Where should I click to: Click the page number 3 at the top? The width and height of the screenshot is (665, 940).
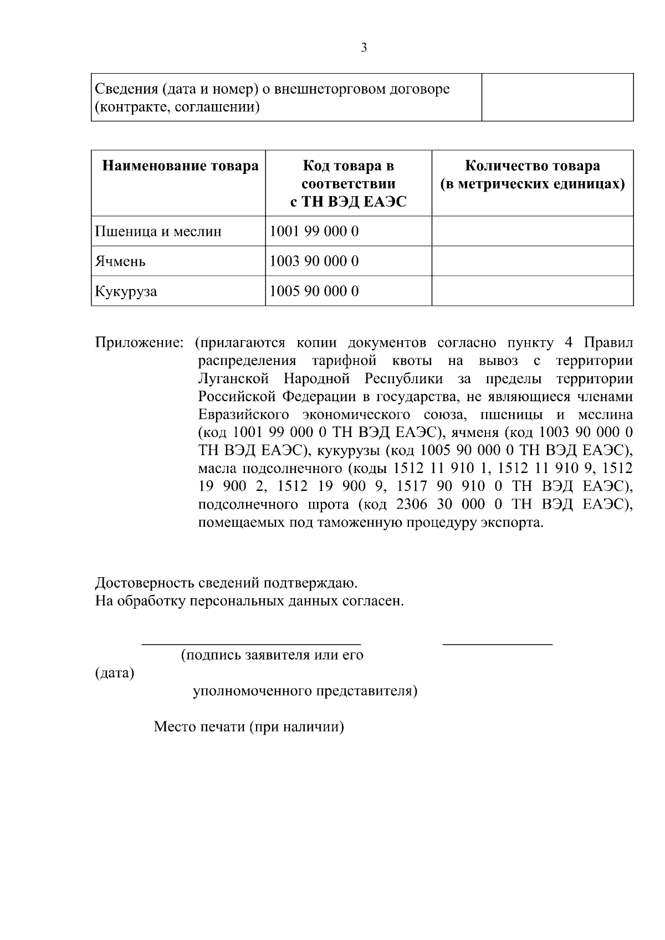[364, 48]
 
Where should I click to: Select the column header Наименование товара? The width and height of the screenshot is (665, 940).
[181, 166]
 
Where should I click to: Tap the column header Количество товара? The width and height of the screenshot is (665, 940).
[532, 174]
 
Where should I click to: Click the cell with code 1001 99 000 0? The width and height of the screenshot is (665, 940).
[314, 231]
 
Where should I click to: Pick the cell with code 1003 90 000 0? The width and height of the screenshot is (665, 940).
[314, 261]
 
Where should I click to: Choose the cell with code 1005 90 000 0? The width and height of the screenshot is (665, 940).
[314, 291]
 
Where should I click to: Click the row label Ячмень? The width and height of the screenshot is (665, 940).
[120, 261]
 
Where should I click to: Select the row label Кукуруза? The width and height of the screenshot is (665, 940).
[126, 291]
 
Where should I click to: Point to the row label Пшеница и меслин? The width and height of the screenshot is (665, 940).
[158, 231]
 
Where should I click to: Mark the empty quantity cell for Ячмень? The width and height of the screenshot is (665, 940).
[532, 261]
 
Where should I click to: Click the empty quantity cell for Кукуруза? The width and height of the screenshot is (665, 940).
[532, 291]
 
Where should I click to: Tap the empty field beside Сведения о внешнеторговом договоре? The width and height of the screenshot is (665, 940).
[557, 97]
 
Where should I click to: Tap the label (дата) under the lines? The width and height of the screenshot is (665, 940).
[115, 674]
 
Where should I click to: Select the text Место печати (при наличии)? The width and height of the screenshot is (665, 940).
[249, 726]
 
